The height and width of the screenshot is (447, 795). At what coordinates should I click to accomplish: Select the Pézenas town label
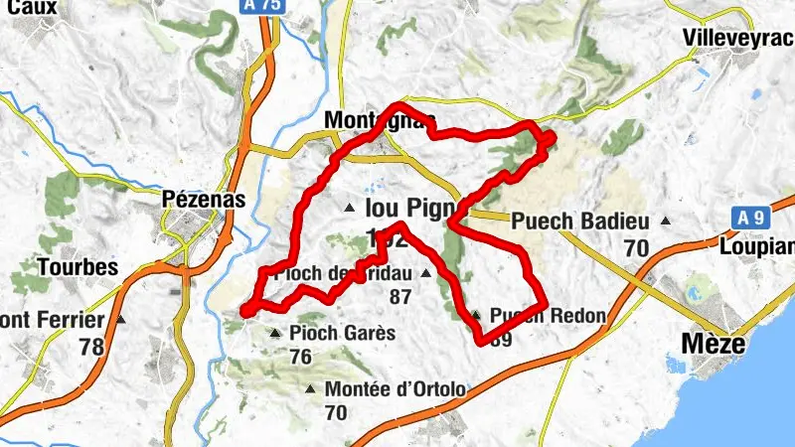point(203,200)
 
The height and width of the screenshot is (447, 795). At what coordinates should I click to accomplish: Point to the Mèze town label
point(712,344)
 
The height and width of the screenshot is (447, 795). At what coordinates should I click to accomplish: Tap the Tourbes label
point(78,267)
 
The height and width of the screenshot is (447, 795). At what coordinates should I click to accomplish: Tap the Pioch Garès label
point(343,333)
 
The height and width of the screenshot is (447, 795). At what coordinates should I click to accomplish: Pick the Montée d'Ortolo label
point(395,388)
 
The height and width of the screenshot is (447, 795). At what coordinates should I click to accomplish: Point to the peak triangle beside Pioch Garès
point(275,333)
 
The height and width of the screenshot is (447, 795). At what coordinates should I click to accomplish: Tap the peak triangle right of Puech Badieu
point(666,221)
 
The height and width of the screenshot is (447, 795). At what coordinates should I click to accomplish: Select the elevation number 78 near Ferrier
point(91,347)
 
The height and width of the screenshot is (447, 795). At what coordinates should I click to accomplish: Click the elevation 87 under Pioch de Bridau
point(400,296)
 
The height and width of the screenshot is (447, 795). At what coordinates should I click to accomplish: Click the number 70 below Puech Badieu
point(637,246)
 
